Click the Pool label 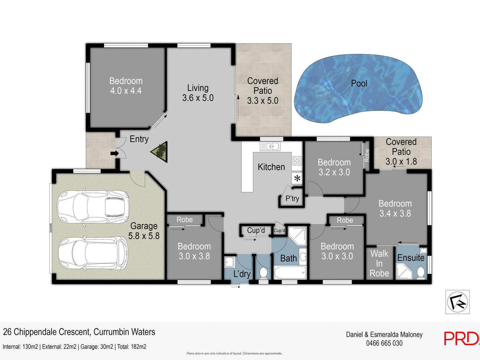359,83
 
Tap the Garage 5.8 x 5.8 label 144,231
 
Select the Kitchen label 271,167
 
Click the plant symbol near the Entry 159,152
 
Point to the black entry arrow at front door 115,153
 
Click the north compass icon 457,302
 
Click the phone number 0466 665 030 384,343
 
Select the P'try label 292,199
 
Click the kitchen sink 270,146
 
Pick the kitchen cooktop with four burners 297,161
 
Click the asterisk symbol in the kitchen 297,178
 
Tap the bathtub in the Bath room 290,273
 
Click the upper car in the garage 93,207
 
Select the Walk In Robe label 379,263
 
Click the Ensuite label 411,258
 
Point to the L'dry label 242,274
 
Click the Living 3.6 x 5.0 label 198,93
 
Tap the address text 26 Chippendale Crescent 47,332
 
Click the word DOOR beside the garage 51,227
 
